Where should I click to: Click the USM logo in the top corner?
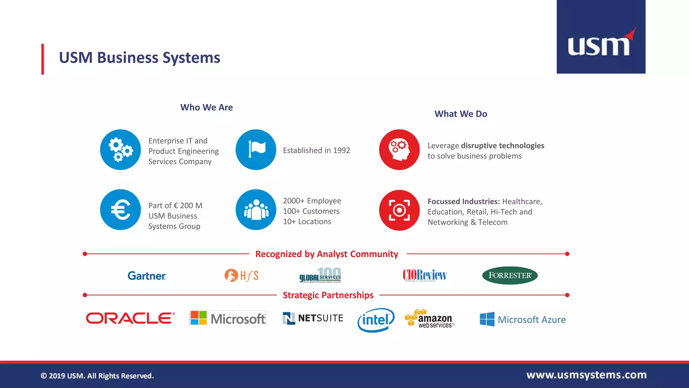[x=601, y=37]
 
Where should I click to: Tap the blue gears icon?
[x=120, y=150]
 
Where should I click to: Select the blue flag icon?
[x=256, y=150]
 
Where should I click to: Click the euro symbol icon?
[x=120, y=209]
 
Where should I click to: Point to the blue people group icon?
[x=256, y=209]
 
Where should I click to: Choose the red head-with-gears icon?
[x=399, y=150]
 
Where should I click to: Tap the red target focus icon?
[x=399, y=210]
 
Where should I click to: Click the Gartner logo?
[x=147, y=276]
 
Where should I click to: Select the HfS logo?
[x=242, y=276]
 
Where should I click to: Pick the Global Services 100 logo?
[x=320, y=275]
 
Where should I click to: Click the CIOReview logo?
[x=425, y=275]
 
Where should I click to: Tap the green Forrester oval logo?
[x=510, y=276]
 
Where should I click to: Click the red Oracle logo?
[x=130, y=318]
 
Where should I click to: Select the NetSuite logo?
[x=313, y=318]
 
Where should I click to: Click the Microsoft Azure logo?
[x=522, y=319]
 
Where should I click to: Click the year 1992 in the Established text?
[x=341, y=151]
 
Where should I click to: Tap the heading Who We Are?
[x=207, y=107]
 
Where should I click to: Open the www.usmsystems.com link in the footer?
[x=586, y=375]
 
